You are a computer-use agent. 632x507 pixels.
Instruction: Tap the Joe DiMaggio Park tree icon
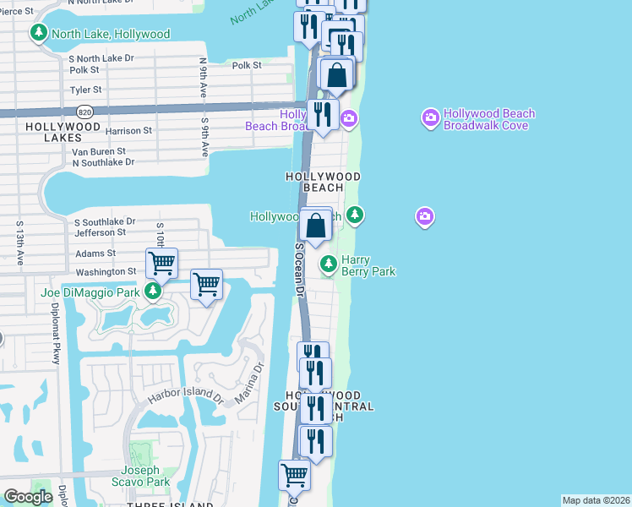[152, 292]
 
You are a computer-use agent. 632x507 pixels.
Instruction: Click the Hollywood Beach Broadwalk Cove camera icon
[430, 116]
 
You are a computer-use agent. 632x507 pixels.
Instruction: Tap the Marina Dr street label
[248, 382]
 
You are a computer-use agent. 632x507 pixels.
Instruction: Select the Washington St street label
[106, 272]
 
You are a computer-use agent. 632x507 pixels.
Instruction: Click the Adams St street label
[95, 253]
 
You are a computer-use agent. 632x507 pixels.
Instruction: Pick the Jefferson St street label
[100, 232]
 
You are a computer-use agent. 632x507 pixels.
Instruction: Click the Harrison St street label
[128, 131]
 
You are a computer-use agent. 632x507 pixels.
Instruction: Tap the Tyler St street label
[86, 90]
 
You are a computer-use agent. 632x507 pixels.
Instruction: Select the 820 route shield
[84, 111]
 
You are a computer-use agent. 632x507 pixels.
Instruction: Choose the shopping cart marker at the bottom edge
[294, 474]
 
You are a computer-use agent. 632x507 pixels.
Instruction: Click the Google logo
[28, 497]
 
